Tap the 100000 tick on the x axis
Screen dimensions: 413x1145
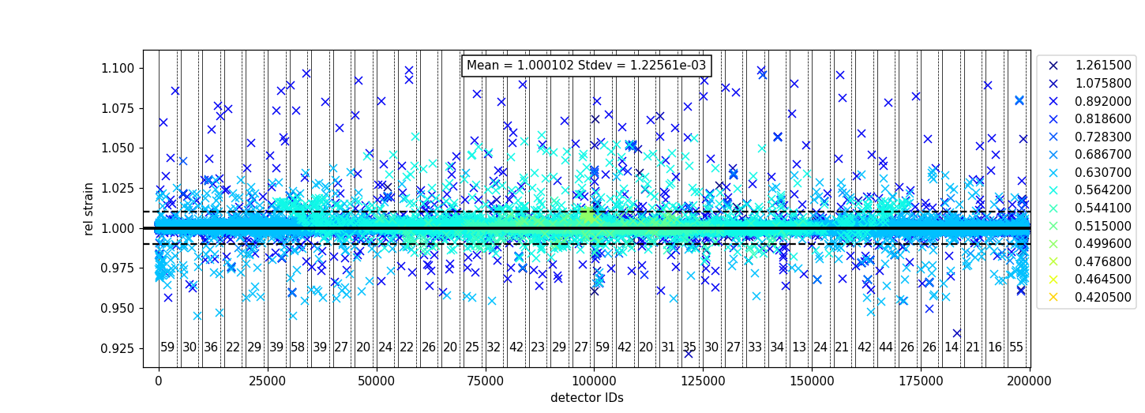tap(594, 381)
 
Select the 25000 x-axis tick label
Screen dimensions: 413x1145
tap(268, 381)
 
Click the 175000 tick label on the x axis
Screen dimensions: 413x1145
tap(921, 381)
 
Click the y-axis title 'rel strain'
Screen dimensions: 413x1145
tap(89, 208)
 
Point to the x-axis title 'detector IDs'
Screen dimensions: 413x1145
tap(587, 398)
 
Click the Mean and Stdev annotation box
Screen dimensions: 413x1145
tap(586, 66)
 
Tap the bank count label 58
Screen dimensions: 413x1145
tap(298, 347)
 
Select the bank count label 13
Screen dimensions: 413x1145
tap(799, 347)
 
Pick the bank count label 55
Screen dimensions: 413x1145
tap(1016, 347)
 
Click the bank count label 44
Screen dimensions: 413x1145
tap(886, 347)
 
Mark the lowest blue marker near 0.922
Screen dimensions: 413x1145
tap(689, 353)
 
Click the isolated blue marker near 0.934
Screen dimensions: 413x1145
tap(957, 333)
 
